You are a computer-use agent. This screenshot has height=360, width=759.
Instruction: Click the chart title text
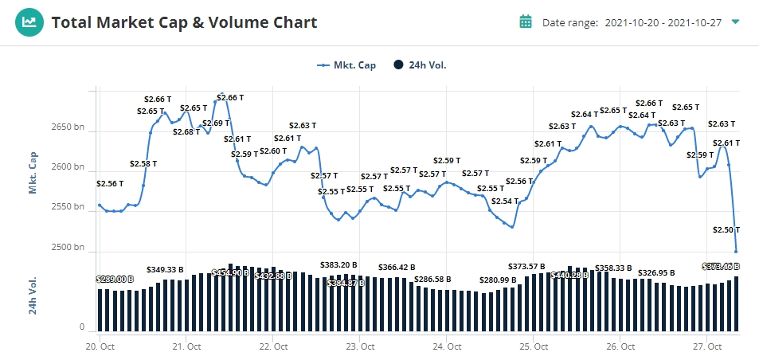coord(184,22)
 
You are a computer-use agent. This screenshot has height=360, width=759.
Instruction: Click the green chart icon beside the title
coord(29,22)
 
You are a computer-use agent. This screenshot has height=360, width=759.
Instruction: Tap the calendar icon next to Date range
coord(526,22)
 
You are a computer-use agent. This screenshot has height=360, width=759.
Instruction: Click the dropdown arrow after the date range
coord(735,22)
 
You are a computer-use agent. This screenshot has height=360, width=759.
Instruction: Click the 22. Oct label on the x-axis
coord(272,346)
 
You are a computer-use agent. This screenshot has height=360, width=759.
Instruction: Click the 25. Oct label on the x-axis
coord(533,346)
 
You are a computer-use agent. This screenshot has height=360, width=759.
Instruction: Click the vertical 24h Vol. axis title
coord(33,295)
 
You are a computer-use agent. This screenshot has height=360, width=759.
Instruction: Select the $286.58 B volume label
coord(427,280)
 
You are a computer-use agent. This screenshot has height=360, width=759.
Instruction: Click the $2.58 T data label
coord(143,163)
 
